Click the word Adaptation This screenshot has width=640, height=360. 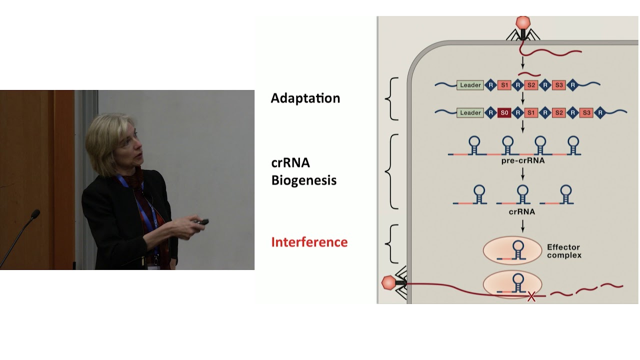[305, 98]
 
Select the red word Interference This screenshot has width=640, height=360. [309, 242]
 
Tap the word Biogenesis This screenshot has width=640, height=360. [303, 180]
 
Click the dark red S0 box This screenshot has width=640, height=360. [504, 113]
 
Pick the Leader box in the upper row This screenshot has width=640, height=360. [470, 85]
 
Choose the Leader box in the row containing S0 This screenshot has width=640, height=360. [470, 113]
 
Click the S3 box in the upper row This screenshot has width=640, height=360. [559, 85]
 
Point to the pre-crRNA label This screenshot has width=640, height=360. [522, 161]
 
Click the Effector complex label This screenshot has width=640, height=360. [564, 251]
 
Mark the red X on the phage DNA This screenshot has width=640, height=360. [531, 297]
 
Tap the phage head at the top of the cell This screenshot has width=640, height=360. [522, 22]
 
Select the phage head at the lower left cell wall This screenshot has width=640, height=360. [388, 283]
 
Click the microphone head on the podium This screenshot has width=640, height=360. [35, 214]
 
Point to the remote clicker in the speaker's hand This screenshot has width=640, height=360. [202, 221]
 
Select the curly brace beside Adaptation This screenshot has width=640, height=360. [390, 98]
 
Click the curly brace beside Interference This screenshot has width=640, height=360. [390, 243]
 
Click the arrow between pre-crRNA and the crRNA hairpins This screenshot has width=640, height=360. [522, 173]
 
